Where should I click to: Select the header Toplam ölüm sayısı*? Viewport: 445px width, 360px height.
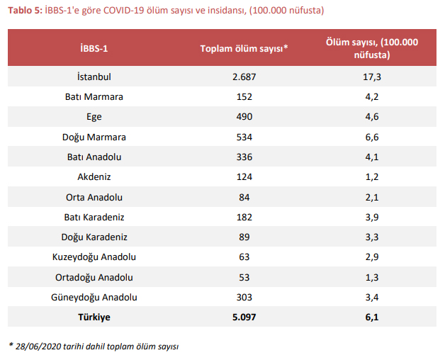(243, 47)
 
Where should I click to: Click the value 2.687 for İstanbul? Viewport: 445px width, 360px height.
(243, 77)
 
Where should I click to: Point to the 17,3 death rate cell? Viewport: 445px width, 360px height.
(372, 77)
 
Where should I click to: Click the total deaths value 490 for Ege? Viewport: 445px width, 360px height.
(243, 117)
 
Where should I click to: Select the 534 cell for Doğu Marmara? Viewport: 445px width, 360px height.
(243, 137)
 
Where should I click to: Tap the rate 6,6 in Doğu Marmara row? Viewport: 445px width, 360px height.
(372, 137)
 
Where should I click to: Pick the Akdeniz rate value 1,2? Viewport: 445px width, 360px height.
(372, 177)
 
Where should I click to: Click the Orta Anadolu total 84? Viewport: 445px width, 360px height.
(243, 197)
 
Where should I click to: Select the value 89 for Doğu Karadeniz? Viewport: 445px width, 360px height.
(243, 237)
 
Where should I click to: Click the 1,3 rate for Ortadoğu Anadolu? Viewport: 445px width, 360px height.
(372, 278)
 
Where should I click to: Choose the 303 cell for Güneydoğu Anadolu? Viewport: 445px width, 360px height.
(243, 298)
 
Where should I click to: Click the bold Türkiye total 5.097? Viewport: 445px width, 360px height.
(243, 317)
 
